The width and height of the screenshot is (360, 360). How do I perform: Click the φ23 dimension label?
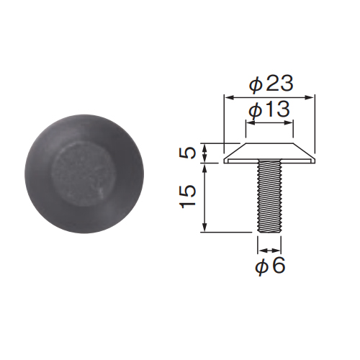coord(271,84)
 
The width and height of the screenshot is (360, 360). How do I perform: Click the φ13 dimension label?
coord(269,109)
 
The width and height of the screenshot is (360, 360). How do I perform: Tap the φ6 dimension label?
coord(270,266)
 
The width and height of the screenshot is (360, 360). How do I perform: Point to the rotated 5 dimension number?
coord(189,153)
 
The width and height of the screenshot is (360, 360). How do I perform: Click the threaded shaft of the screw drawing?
coord(269,197)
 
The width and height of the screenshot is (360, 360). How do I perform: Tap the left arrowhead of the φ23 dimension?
coord(229,97)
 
